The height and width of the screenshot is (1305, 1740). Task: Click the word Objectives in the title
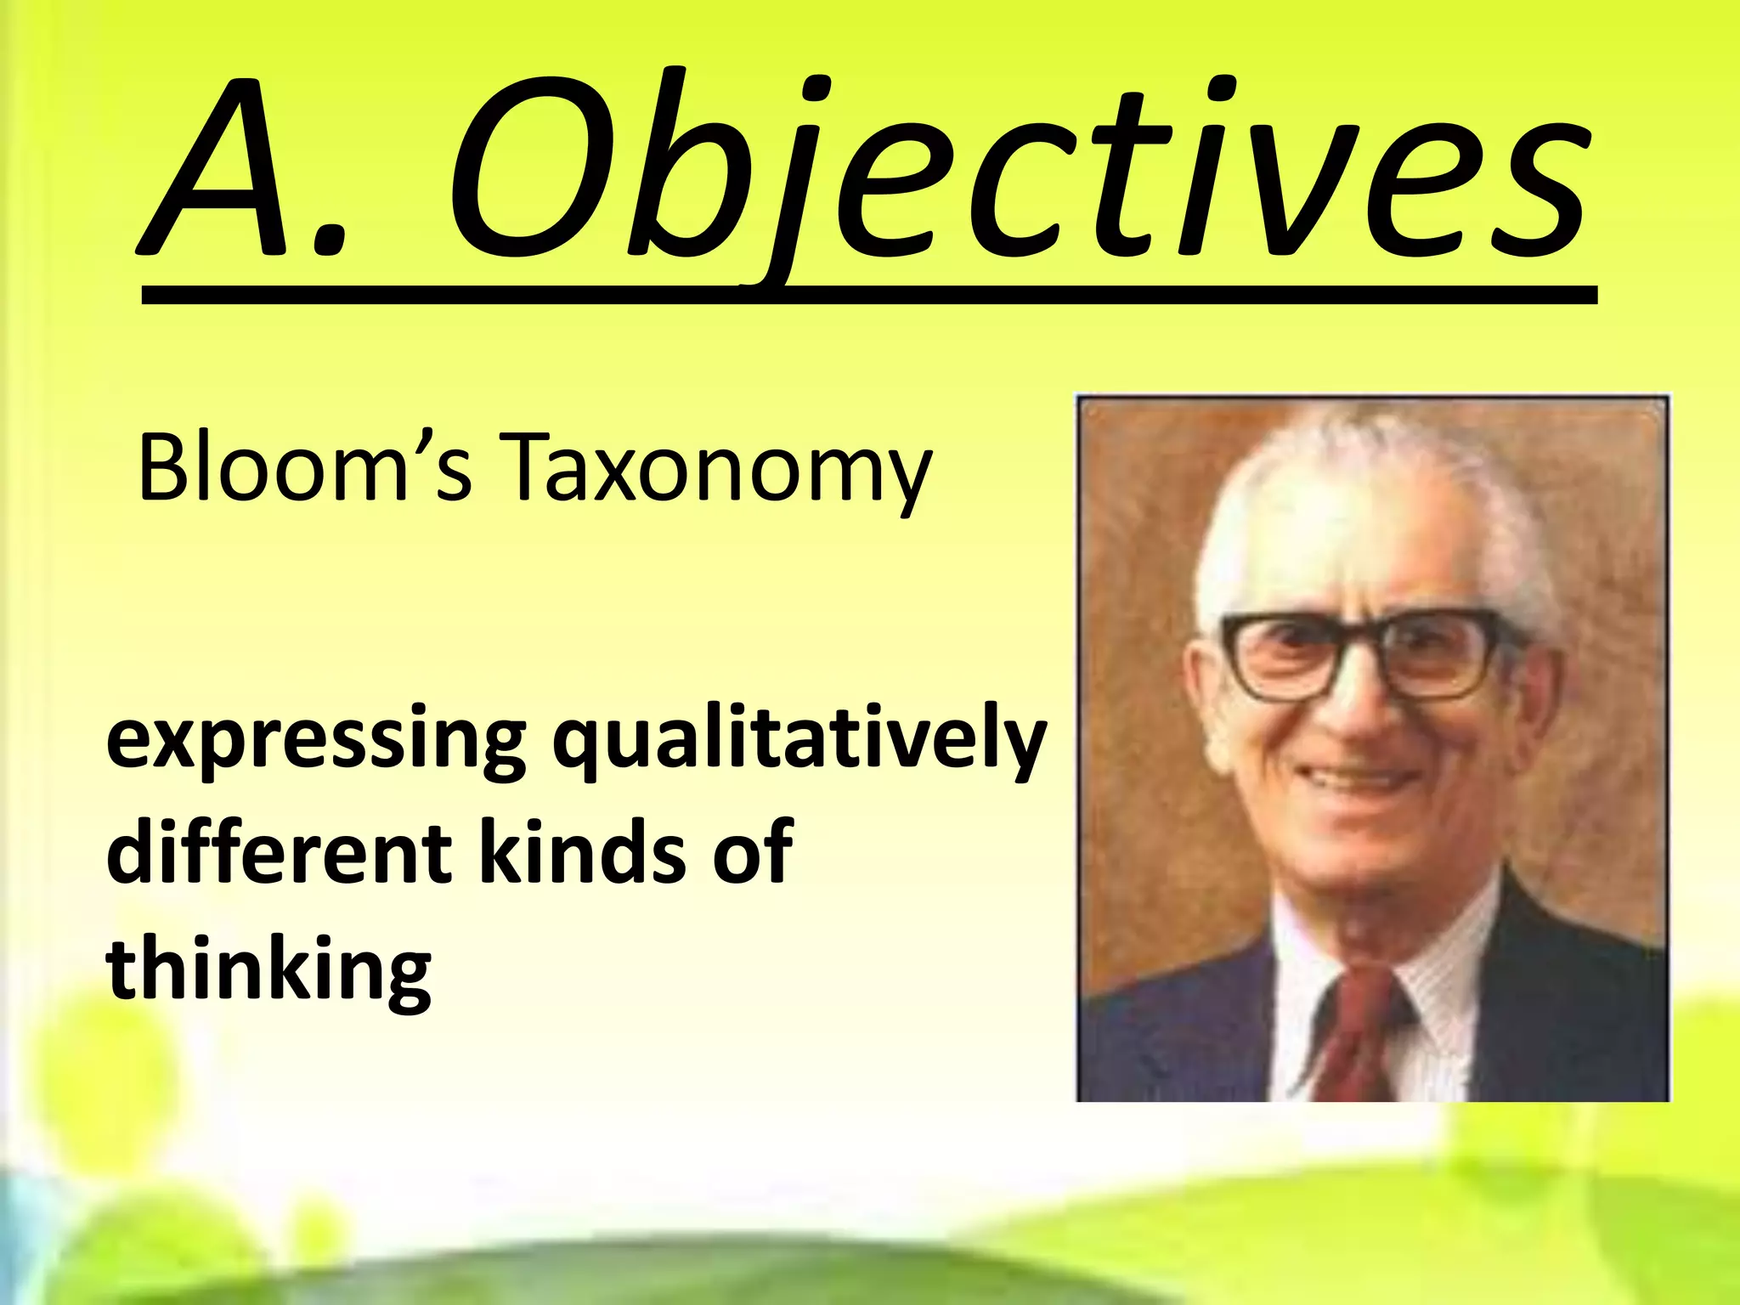(x=1015, y=170)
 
